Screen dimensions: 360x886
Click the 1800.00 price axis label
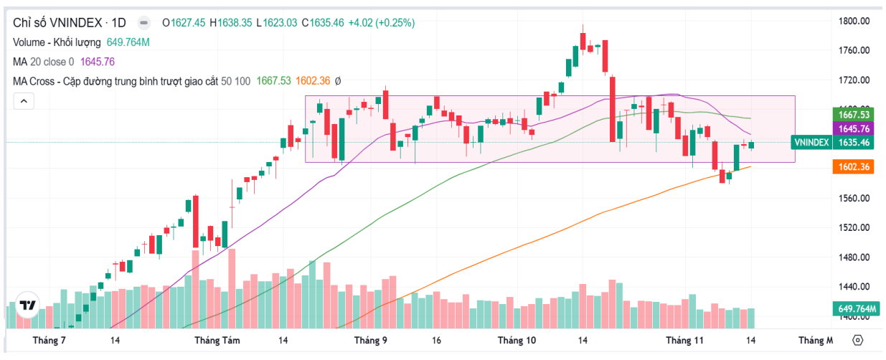pos(854,21)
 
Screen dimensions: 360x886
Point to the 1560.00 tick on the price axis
pos(854,198)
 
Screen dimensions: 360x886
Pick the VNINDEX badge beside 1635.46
pos(811,143)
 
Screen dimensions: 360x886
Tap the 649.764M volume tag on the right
pos(857,309)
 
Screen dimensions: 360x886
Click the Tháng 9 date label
pos(371,340)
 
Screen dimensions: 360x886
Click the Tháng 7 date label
pos(50,340)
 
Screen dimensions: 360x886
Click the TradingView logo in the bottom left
pos(27,305)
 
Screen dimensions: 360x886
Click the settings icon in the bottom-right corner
pos(859,340)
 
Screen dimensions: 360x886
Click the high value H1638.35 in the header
pos(231,23)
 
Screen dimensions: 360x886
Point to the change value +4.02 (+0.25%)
pos(382,23)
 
